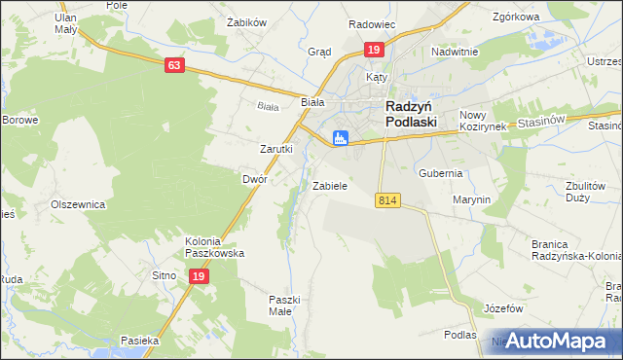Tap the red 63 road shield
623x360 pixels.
174,65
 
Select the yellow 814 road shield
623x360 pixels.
387,199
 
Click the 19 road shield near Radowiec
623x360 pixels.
374,49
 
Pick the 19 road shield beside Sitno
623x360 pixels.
198,276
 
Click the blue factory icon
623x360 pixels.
340,138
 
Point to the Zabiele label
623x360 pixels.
330,185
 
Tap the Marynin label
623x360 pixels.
471,199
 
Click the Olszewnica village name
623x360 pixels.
77,205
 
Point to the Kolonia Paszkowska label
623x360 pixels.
214,246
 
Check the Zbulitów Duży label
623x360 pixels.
591,191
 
